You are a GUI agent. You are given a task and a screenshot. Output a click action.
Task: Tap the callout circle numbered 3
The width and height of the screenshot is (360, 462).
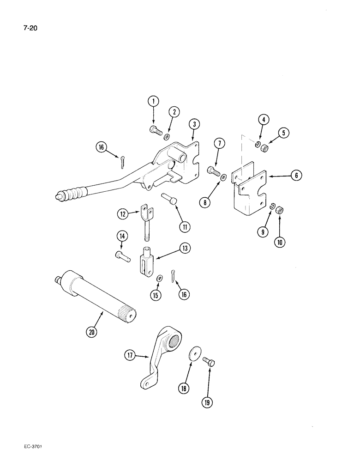pos(195,124)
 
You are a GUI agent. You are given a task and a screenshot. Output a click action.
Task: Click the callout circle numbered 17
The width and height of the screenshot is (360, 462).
pos(130,355)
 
